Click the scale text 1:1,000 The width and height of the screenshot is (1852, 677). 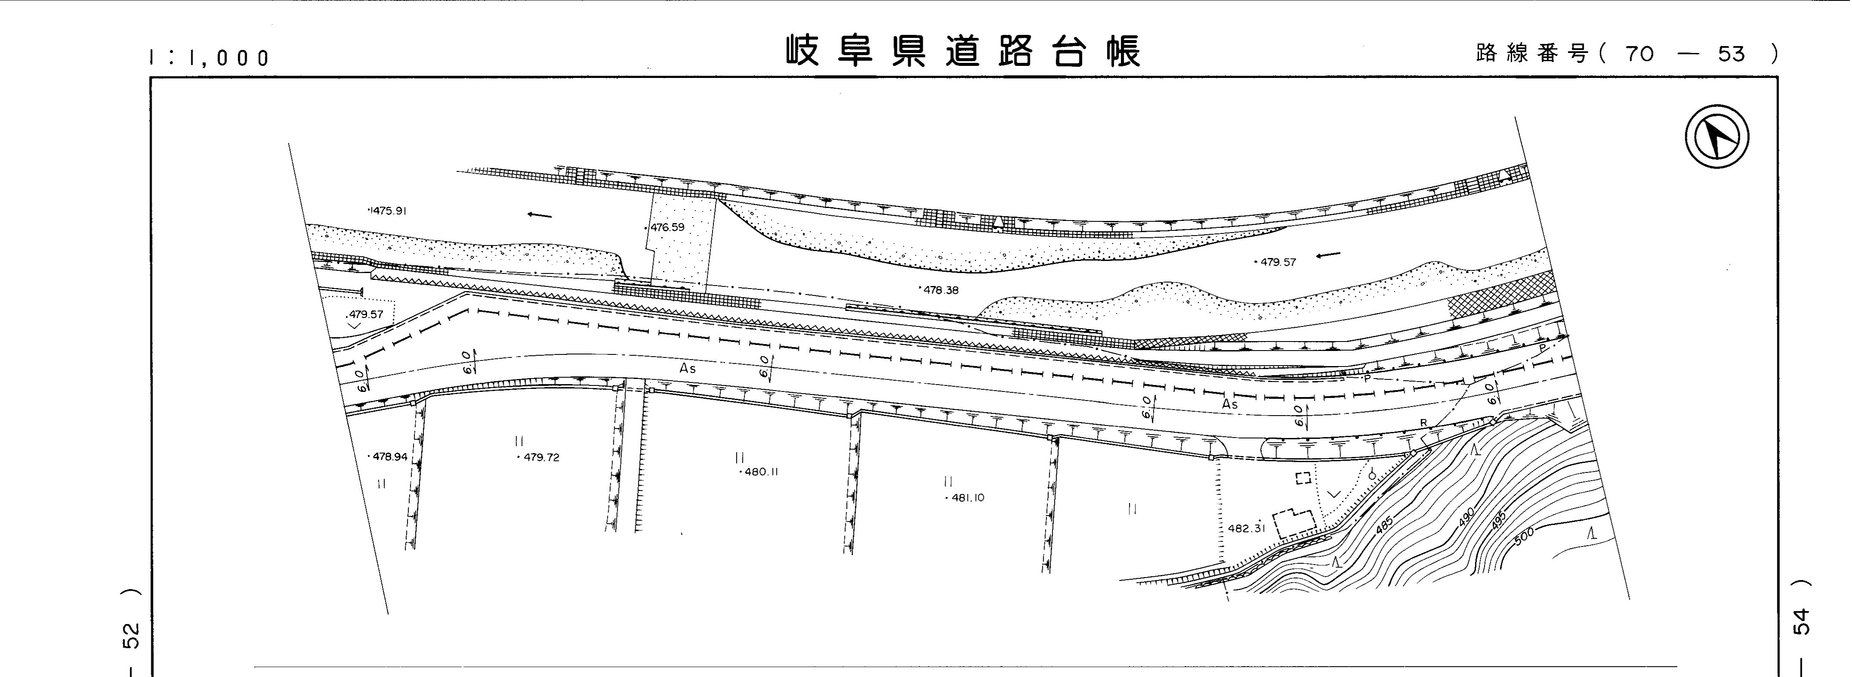[x=209, y=58]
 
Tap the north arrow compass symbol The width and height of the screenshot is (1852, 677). [x=1717, y=137]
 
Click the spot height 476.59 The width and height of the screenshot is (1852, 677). [x=666, y=227]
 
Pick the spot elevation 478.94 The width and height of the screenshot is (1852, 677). [x=390, y=457]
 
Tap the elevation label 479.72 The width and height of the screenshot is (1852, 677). [x=541, y=457]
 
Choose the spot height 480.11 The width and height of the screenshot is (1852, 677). [x=761, y=472]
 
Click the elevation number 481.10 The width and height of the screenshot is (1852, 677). [x=967, y=497]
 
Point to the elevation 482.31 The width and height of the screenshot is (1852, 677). [x=1246, y=528]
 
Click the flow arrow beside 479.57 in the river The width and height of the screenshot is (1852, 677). [x=1329, y=255]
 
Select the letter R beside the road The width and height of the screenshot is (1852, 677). [x=1423, y=422]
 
